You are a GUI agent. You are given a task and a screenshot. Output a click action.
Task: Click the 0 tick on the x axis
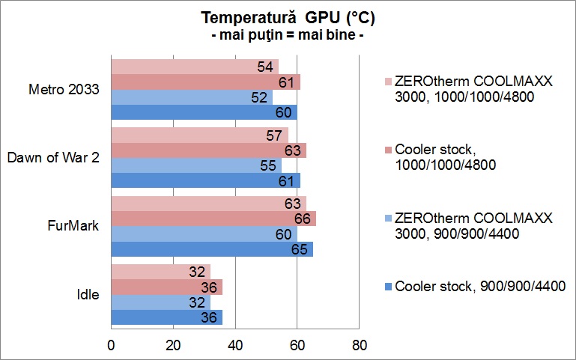click(112, 345)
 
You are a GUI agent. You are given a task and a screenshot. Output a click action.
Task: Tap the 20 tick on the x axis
click(173, 345)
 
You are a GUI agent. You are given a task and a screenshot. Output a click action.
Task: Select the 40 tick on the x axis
click(235, 345)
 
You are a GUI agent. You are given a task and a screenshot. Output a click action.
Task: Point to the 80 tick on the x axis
click(359, 345)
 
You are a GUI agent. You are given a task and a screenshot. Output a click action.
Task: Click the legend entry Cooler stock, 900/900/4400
click(479, 285)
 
